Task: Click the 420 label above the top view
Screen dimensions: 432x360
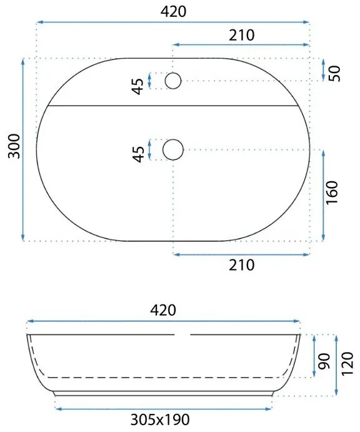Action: click(172, 11)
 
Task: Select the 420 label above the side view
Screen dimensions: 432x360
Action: click(164, 309)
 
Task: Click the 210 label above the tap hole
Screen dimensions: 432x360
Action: click(241, 35)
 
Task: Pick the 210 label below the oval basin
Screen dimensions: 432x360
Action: click(241, 265)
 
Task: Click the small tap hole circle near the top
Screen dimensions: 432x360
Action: click(173, 81)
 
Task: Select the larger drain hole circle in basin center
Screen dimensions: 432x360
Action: click(173, 149)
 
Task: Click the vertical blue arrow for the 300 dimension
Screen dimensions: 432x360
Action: click(23, 150)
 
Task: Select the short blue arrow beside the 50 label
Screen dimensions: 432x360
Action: click(322, 70)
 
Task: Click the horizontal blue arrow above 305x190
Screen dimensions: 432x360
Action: click(164, 408)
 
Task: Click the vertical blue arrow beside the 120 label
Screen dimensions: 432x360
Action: click(337, 363)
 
